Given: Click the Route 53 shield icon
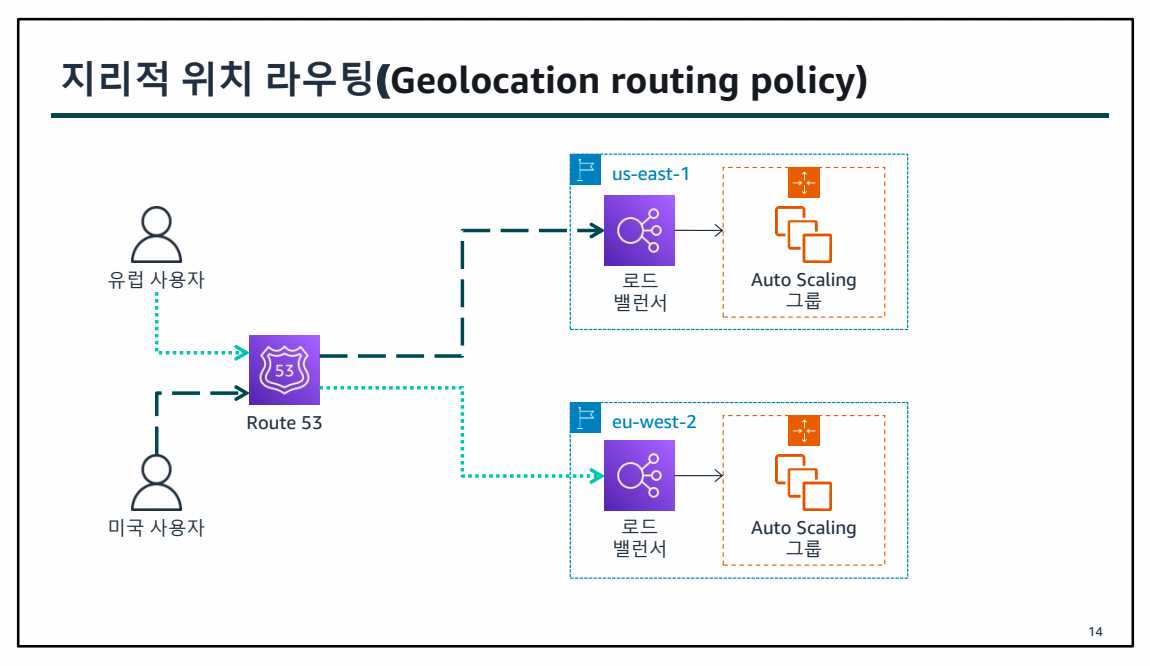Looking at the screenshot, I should coord(284,370).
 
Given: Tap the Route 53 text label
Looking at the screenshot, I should coord(284,423).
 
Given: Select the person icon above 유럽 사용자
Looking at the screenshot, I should coord(156,234).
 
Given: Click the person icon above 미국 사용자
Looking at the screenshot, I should coord(156,482).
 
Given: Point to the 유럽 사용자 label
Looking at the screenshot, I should coord(156,281).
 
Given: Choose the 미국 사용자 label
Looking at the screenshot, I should coord(156,528).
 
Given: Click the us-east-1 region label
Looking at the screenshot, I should coord(650,173).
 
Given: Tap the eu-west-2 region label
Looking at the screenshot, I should coord(654,421).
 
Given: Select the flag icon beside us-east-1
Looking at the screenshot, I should coord(585,170).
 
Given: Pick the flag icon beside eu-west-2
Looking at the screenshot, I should coord(585,418).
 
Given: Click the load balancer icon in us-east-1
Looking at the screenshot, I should coord(639,230).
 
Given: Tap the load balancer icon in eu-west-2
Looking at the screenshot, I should coord(639,476).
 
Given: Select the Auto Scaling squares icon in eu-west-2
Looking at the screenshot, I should coord(803,481).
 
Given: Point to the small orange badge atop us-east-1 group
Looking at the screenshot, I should coord(803,182).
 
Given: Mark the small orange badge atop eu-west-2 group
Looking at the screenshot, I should coord(803,430).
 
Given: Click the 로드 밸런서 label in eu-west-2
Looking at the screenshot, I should coord(639,538).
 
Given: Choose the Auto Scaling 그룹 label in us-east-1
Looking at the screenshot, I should coord(803,290).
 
